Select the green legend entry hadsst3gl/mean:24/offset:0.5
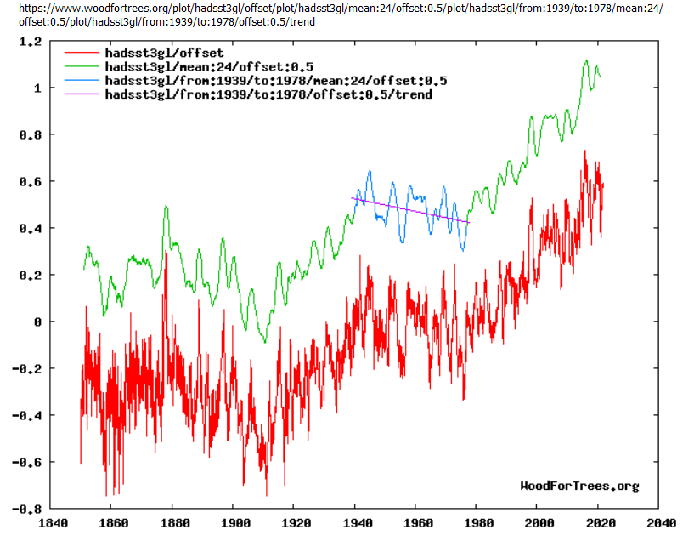(209, 67)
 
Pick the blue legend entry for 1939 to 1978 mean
(275, 81)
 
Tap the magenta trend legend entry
(268, 94)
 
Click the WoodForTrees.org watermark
(579, 486)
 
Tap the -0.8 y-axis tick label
(30, 509)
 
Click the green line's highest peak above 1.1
(586, 61)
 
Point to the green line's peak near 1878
(166, 206)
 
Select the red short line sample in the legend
(81, 54)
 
